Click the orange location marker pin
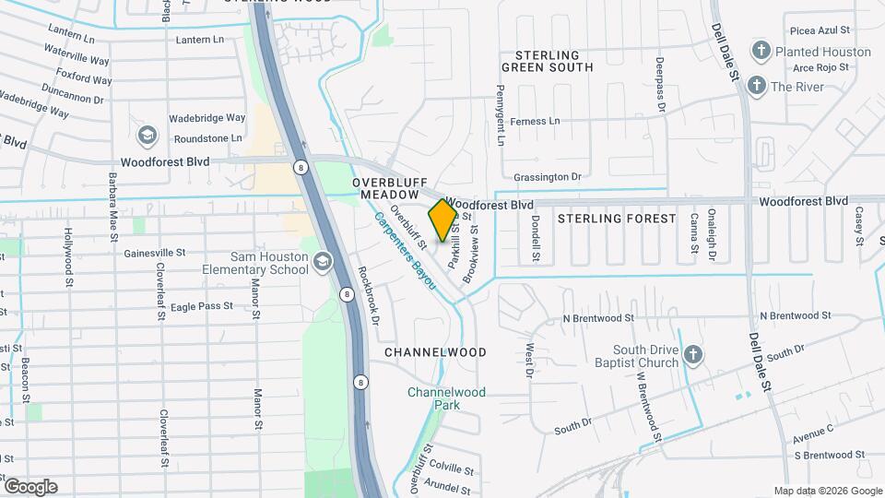(442, 220)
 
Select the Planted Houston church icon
(761, 51)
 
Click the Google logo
(30, 487)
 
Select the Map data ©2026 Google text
(827, 491)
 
